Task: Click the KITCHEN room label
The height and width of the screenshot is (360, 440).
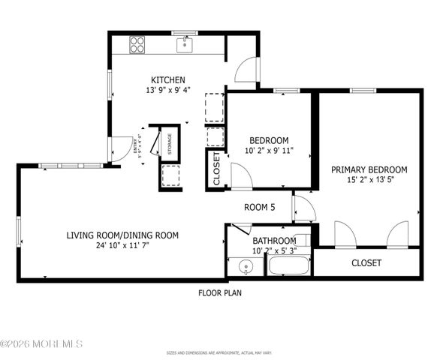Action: coord(167,80)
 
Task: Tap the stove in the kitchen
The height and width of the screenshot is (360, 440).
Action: coord(137,44)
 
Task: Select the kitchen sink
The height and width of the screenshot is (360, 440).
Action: coord(185,46)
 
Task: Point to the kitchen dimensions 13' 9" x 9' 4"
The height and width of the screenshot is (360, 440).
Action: coord(167,91)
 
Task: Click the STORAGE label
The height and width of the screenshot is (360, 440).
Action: coord(170,143)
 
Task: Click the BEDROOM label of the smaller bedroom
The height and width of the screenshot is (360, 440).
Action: coord(269,140)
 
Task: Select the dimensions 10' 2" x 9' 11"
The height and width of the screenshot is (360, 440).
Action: coord(269,151)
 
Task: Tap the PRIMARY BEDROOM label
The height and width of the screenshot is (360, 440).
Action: coord(369,169)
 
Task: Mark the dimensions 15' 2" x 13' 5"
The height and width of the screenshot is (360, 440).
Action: coord(369,180)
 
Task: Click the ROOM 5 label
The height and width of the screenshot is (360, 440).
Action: coord(260,207)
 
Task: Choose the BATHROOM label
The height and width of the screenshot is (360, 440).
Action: coord(274,241)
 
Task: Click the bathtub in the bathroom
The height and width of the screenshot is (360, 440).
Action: coord(288,266)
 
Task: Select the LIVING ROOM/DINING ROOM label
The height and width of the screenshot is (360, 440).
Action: coord(122,235)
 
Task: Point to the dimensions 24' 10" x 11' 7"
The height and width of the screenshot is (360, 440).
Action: coord(122,245)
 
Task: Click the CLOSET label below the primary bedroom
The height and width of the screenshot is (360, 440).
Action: coord(366,263)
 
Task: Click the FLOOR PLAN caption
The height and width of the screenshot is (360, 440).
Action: coord(220,293)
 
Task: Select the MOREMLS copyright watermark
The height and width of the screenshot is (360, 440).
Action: coord(42,344)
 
